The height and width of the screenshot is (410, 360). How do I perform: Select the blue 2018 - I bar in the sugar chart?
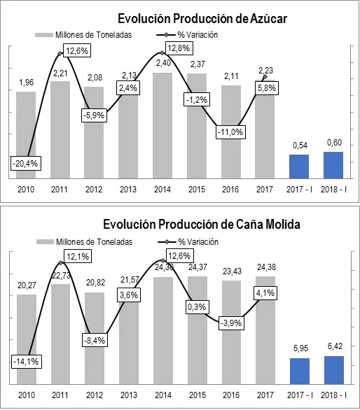point(333,164)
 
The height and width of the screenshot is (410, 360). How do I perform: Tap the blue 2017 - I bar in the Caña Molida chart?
point(299,371)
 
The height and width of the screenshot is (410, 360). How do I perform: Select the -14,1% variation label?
point(25,362)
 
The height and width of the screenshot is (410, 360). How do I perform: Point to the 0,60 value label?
point(333,143)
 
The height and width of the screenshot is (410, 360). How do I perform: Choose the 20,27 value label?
point(25,285)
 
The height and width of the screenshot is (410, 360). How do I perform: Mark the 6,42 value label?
point(333,346)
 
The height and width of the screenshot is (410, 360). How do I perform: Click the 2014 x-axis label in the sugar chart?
point(162,189)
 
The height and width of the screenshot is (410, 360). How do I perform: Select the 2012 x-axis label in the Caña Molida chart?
point(94,395)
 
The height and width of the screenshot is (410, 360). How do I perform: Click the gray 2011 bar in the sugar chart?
point(60,129)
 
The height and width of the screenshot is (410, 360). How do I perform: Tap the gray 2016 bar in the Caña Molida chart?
point(230,332)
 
